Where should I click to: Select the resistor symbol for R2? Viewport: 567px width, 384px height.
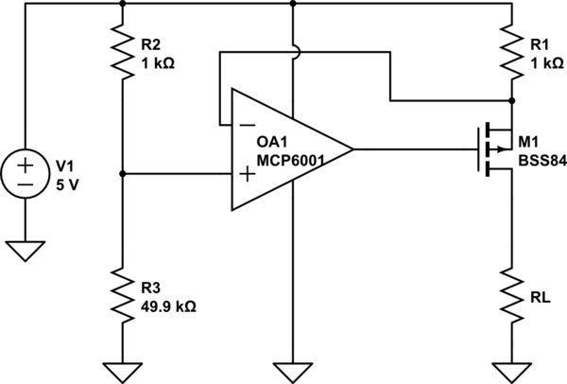pyautogui.click(x=124, y=51)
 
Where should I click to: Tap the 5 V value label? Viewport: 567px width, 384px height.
pyautogui.click(x=69, y=183)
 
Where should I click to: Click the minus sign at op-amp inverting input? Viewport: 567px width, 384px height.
pyautogui.click(x=247, y=123)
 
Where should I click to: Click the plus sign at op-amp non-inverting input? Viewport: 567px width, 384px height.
pyautogui.click(x=247, y=173)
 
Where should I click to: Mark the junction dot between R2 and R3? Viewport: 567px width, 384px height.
pyautogui.click(x=124, y=173)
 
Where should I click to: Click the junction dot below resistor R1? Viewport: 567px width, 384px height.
pyautogui.click(x=511, y=99)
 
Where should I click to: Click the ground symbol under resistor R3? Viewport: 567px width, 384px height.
pyautogui.click(x=124, y=371)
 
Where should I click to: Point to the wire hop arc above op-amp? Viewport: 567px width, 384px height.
pyautogui.click(x=295, y=51)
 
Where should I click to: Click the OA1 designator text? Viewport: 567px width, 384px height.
pyautogui.click(x=273, y=141)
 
